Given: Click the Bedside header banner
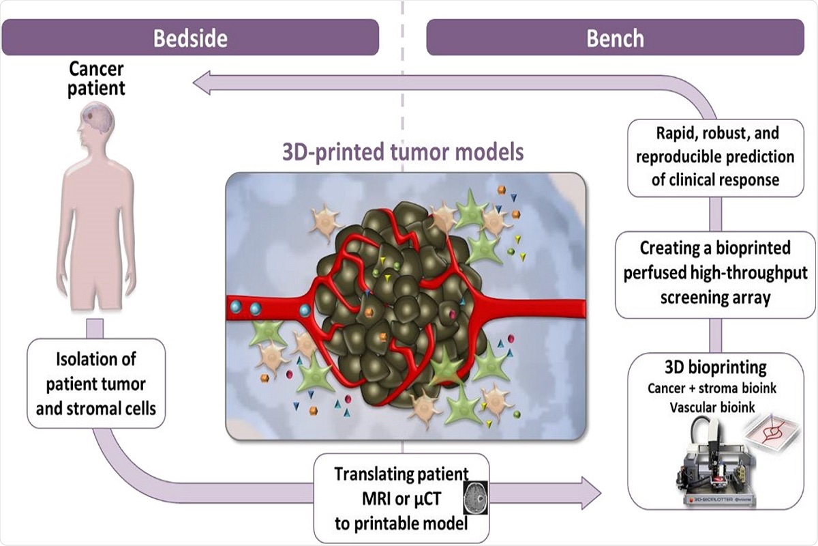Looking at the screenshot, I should click(x=190, y=37).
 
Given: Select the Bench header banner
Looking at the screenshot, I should click(x=615, y=38).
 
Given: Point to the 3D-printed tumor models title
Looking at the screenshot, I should click(x=404, y=151).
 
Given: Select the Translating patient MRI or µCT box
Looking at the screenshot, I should click(x=402, y=497).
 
